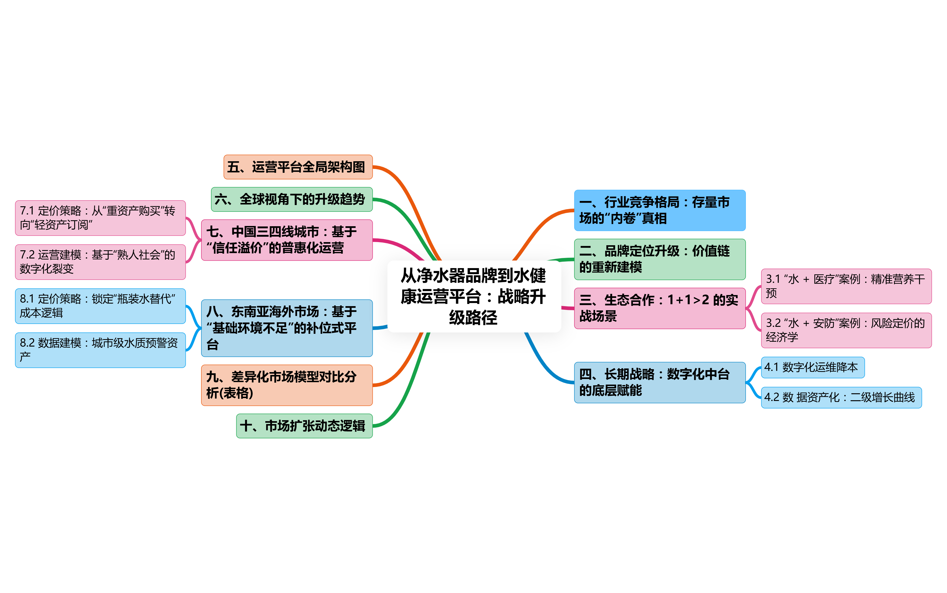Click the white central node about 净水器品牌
[474, 296]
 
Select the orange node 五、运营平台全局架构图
[298, 167]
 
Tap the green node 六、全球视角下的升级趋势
[292, 199]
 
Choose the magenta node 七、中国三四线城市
[287, 240]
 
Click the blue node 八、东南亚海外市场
[287, 328]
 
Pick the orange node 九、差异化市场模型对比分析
[287, 385]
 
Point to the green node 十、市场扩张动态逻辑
[304, 425]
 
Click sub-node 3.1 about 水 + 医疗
[846, 286]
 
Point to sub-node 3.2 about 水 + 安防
[846, 330]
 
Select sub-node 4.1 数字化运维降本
[813, 367]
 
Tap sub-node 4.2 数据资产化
[841, 397]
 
